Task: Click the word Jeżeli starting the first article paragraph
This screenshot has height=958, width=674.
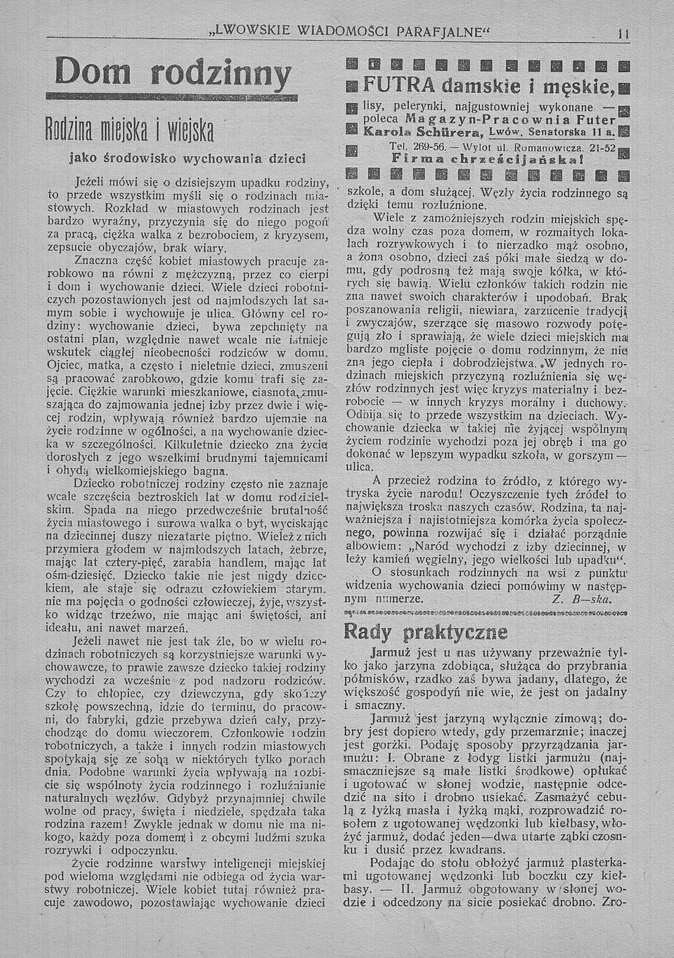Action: [x=92, y=182]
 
